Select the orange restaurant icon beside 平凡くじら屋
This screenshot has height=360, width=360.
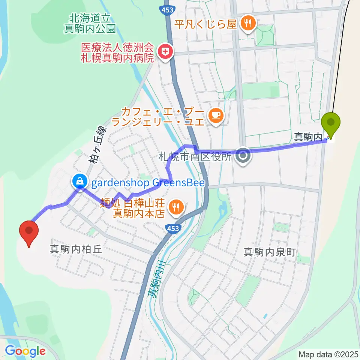[247, 24]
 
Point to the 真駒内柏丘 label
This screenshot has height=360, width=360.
[76, 249]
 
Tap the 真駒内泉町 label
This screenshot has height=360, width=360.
[270, 252]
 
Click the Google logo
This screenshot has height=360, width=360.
[25, 351]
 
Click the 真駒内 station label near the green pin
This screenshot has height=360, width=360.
[307, 138]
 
